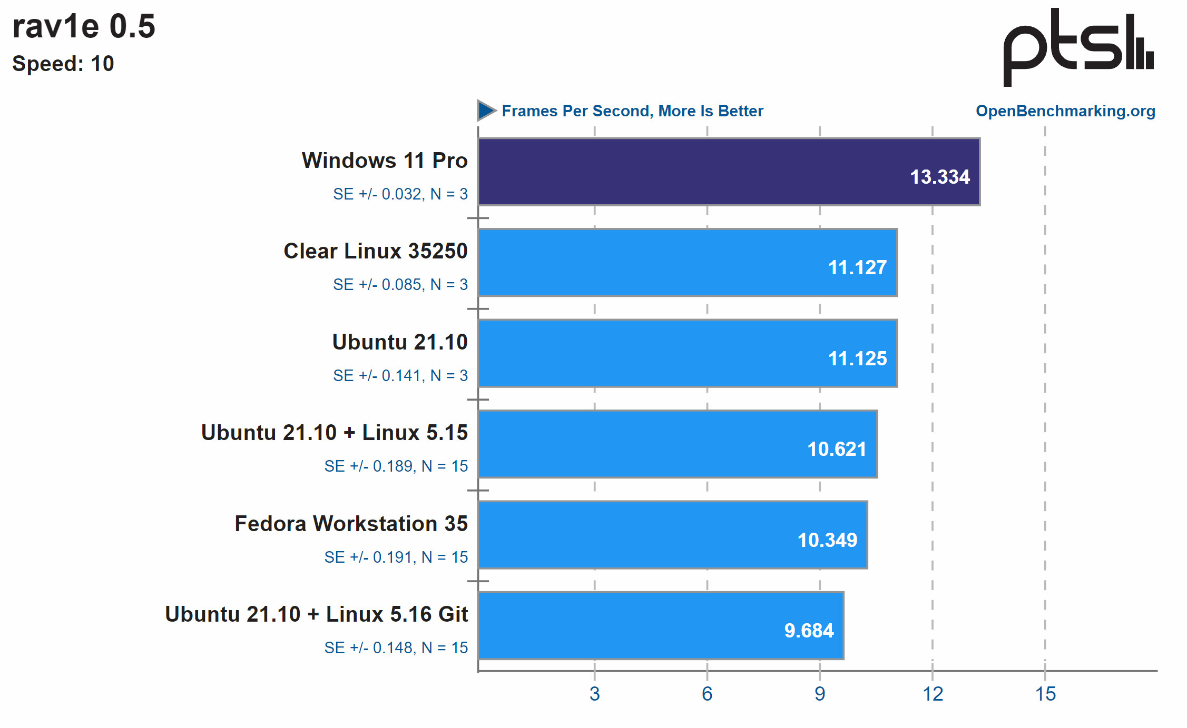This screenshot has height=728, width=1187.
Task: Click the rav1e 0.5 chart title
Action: tap(84, 26)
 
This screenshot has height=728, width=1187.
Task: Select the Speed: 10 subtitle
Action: tap(63, 64)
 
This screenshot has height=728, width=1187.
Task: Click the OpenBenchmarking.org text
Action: tap(1065, 111)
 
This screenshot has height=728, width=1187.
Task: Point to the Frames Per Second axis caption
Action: tap(632, 111)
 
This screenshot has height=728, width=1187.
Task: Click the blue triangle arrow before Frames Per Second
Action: tap(486, 111)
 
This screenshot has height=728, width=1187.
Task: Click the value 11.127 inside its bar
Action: tap(857, 267)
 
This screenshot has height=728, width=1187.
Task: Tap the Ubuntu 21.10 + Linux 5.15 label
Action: tap(334, 433)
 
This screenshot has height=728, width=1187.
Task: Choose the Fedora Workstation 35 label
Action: tap(351, 524)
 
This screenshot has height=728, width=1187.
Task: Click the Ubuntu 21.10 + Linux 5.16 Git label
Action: tap(316, 614)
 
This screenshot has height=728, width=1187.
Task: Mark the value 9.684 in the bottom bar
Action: tap(809, 631)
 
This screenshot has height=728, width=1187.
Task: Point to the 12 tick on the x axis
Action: tap(933, 694)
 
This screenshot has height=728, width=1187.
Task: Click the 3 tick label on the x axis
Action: tap(594, 694)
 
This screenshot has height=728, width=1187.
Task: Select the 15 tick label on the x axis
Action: tap(1045, 694)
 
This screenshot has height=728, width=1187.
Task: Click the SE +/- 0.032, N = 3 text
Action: tap(400, 194)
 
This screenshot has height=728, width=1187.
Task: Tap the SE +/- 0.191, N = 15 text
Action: tap(396, 557)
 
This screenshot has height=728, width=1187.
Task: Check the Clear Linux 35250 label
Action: tap(375, 251)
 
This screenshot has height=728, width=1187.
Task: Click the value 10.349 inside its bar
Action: tap(827, 540)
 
